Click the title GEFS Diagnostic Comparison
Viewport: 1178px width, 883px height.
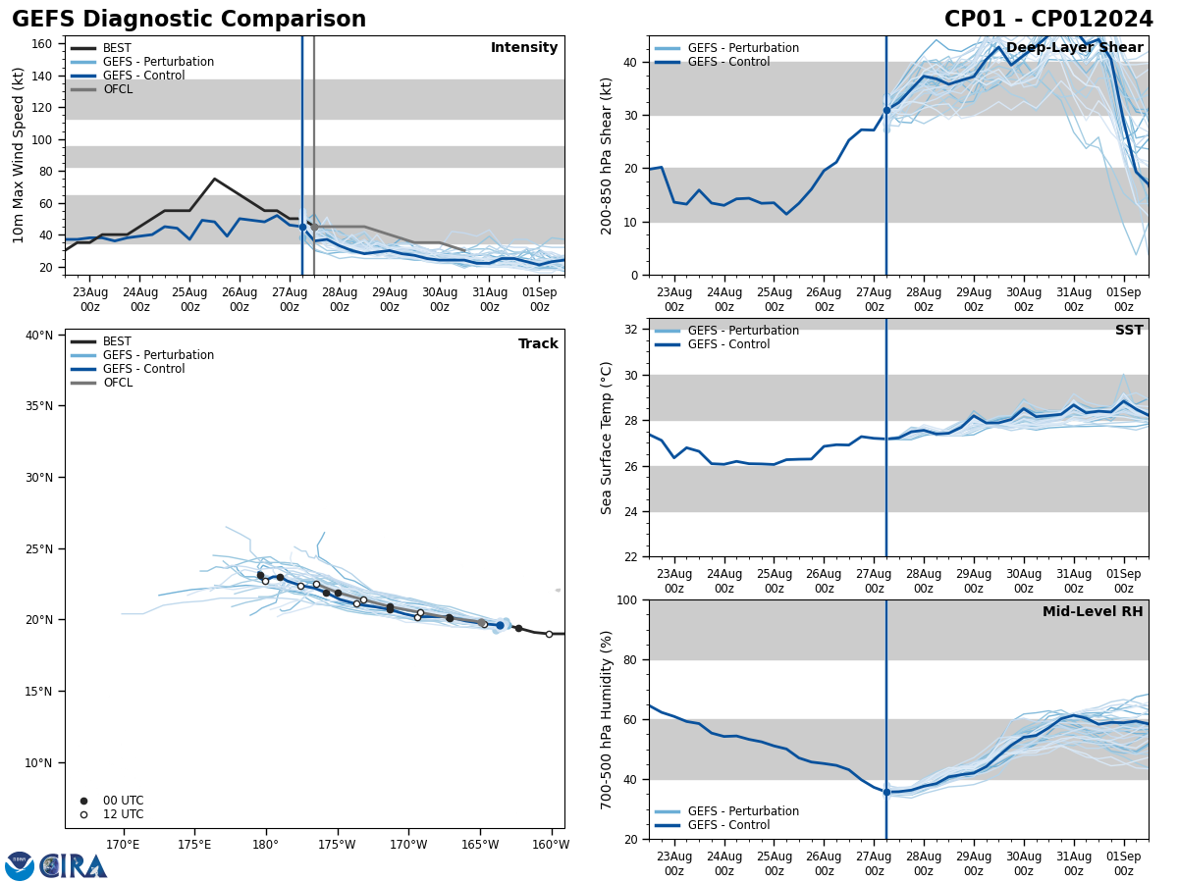tap(188, 20)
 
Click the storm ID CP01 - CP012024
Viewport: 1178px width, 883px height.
tap(1048, 20)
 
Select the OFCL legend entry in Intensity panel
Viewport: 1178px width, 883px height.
tap(117, 89)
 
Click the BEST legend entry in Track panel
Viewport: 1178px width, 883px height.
tap(117, 341)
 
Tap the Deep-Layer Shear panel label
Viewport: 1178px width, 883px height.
tap(1074, 48)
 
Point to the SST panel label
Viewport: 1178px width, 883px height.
tap(1129, 331)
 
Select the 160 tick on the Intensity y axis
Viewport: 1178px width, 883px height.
tap(42, 44)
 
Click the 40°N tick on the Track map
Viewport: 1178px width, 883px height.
tap(38, 336)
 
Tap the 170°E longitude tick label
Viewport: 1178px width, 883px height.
tap(124, 844)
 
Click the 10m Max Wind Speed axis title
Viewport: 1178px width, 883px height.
tap(19, 155)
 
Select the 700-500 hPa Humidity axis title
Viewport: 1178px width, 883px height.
tap(607, 719)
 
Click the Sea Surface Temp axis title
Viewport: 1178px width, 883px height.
tap(607, 438)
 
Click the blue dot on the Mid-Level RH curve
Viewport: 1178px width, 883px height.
tap(886, 792)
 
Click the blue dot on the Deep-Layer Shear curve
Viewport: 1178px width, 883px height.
tap(886, 110)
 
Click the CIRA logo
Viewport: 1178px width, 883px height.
tap(74, 865)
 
